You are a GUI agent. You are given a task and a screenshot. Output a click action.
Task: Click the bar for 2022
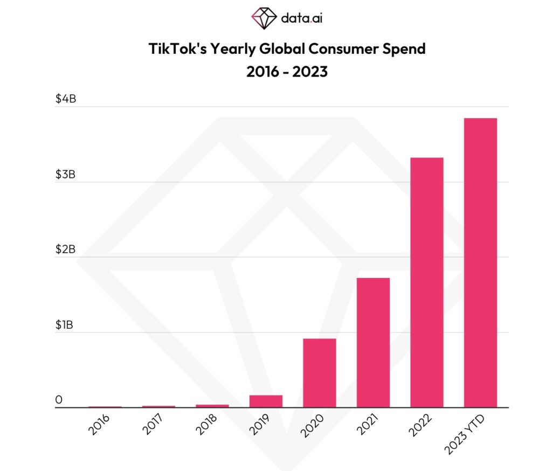(426, 282)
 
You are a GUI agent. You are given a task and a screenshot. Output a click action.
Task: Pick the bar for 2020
(319, 372)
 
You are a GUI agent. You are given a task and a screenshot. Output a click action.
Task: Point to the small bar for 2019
(266, 401)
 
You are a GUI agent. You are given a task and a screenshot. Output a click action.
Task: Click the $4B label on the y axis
(66, 99)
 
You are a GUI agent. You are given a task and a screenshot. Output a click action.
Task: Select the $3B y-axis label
(66, 175)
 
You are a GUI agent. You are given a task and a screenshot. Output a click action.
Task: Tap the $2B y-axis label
(66, 250)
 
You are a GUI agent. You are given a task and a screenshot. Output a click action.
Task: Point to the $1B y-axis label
(65, 325)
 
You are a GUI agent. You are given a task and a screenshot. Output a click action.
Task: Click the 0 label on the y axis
(59, 400)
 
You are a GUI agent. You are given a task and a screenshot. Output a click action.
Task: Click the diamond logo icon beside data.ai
(264, 18)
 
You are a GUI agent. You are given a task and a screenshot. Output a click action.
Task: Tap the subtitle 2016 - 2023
(287, 71)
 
